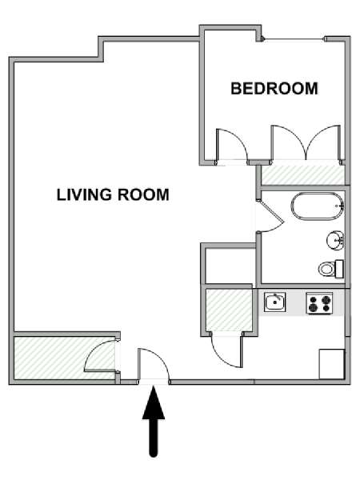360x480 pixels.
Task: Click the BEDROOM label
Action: click(274, 89)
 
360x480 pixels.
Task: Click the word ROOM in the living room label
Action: click(143, 194)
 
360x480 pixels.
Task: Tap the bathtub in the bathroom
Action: click(318, 206)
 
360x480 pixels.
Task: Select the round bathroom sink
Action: click(335, 240)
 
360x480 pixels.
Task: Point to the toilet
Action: click(330, 269)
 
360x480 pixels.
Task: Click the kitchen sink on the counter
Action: click(275, 302)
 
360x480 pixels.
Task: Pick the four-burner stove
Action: click(319, 303)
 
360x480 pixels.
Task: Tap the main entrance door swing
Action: click(153, 365)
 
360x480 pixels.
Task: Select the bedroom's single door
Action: click(232, 146)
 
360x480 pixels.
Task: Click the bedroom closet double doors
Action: click(306, 142)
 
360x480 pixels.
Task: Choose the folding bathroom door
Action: click(271, 216)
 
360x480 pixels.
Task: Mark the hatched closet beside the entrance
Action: click(65, 358)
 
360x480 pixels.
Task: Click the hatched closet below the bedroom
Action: click(302, 174)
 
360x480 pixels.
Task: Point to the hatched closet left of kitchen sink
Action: click(229, 310)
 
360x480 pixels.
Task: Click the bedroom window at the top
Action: click(294, 39)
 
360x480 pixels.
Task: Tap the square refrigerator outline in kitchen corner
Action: click(332, 364)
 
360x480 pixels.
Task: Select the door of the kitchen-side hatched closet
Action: click(227, 351)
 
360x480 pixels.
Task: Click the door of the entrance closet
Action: click(100, 356)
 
